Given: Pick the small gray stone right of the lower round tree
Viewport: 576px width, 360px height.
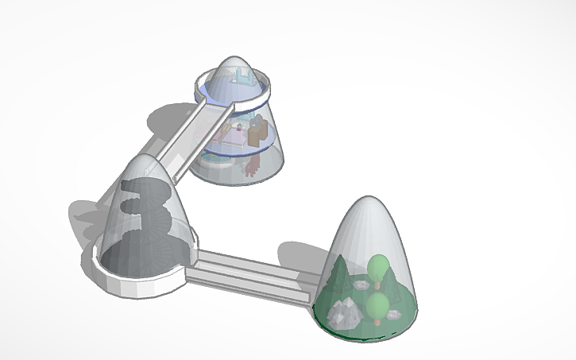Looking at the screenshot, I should click(393, 315).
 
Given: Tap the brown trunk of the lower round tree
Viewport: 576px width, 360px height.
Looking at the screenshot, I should click(377, 320).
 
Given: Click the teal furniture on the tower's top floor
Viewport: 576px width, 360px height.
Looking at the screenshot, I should click(243, 77).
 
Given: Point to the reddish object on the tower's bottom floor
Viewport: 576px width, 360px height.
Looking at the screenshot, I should click(252, 168).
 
